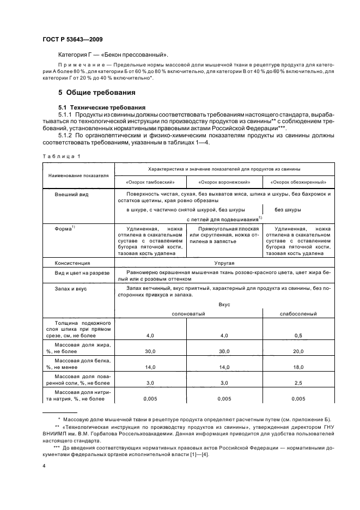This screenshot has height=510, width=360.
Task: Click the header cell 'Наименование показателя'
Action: pyautogui.click(x=78, y=175)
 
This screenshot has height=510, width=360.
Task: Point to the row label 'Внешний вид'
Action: pyautogui.click(x=71, y=194)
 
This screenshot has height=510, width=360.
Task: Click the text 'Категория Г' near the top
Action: pyautogui.click(x=77, y=55)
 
